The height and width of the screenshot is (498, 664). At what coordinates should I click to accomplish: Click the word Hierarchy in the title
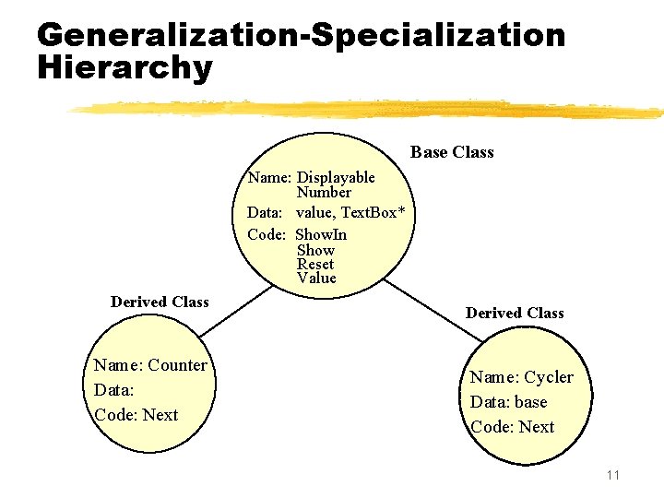(x=125, y=68)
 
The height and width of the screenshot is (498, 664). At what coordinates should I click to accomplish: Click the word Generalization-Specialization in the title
(x=301, y=35)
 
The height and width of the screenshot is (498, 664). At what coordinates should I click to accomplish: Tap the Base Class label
(x=452, y=152)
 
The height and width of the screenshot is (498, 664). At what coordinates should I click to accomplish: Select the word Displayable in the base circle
(x=336, y=177)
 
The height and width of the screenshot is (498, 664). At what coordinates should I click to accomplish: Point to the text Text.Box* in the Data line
(x=373, y=212)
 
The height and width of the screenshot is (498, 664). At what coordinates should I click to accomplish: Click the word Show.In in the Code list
(x=321, y=234)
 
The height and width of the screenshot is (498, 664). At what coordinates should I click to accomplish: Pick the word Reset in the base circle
(x=315, y=264)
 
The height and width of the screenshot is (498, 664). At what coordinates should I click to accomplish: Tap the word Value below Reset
(x=316, y=278)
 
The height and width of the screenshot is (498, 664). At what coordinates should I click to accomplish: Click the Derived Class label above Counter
(x=160, y=302)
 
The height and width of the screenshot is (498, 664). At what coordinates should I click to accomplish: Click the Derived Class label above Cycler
(x=515, y=313)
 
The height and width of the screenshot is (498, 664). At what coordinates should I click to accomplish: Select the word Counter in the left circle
(x=177, y=365)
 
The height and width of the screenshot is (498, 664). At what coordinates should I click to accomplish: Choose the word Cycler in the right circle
(x=549, y=377)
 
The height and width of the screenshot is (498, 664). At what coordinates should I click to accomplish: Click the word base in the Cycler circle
(x=531, y=402)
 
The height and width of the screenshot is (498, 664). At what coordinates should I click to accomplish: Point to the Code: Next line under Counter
(x=136, y=415)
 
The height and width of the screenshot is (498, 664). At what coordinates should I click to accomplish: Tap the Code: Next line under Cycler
(x=512, y=427)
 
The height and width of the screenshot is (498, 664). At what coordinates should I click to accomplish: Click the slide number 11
(x=613, y=475)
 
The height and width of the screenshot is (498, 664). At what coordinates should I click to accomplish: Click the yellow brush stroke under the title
(x=369, y=110)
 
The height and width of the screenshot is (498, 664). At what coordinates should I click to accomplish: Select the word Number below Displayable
(x=324, y=192)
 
